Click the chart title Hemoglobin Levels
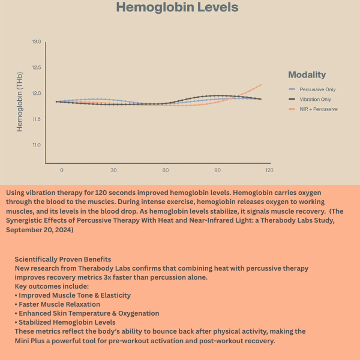tap(177, 8)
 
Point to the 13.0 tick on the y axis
tap(37, 42)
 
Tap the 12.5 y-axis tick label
tap(37, 68)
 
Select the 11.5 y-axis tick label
tap(37, 119)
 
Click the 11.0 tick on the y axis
tap(37, 145)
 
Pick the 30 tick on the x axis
tap(113, 170)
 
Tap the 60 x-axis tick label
tap(165, 170)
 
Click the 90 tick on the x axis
tap(217, 170)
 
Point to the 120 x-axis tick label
tap(269, 170)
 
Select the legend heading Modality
tap(307, 75)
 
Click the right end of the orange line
tap(261, 85)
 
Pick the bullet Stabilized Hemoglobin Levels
tap(67, 322)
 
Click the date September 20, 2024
tap(40, 229)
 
